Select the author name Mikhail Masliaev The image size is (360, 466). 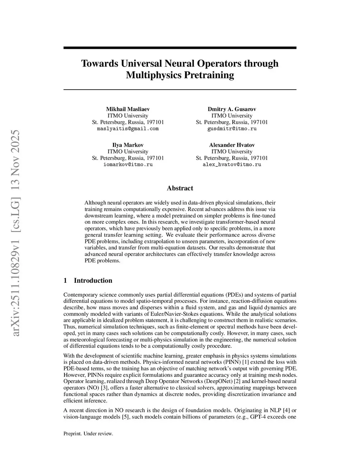pyautogui.click(x=128, y=109)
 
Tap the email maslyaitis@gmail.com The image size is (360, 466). pyautogui.click(x=128, y=129)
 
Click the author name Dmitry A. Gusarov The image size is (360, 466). pyautogui.click(x=232, y=109)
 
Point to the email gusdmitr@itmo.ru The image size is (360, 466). pyautogui.click(x=232, y=129)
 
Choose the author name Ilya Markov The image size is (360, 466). pyautogui.click(x=128, y=145)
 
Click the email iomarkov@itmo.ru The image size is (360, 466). pyautogui.click(x=128, y=165)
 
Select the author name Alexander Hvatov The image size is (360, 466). pyautogui.click(x=232, y=145)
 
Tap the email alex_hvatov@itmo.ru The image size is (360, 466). pyautogui.click(x=232, y=165)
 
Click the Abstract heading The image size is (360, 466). pyautogui.click(x=180, y=188)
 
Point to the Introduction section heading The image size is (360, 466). pyautogui.click(x=93, y=280)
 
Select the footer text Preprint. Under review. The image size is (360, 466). pyautogui.click(x=88, y=434)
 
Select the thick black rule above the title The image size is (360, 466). pyautogui.click(x=180, y=48)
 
